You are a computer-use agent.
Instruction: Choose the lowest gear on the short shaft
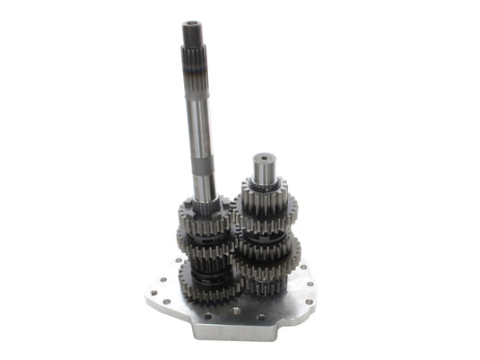point(263,284)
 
